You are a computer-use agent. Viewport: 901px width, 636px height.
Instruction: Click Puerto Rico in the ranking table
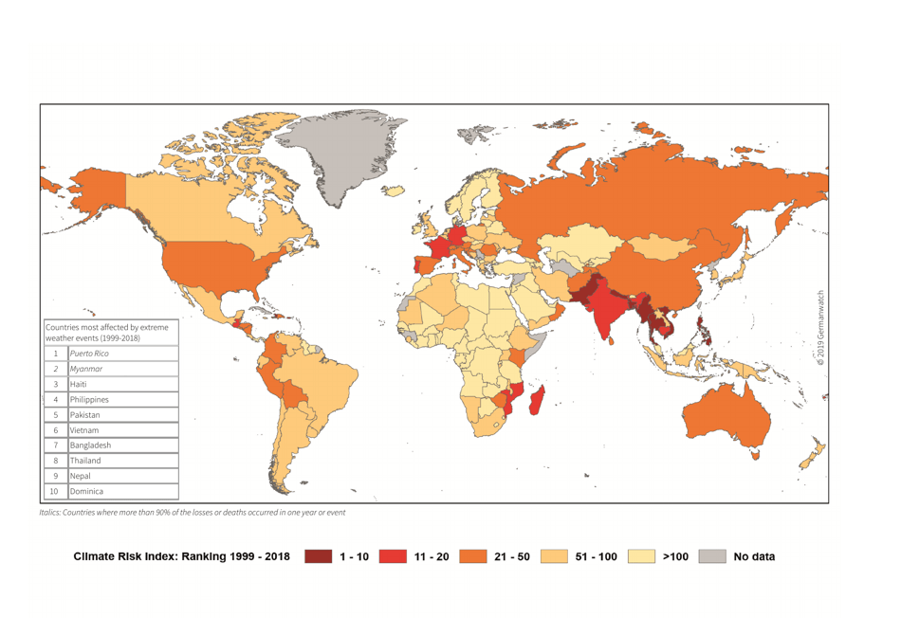pos(89,354)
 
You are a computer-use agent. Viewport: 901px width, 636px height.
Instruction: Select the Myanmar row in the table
pos(86,369)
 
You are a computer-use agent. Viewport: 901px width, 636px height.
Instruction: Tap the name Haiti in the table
pos(78,384)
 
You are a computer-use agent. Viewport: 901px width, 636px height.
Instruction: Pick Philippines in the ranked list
pos(89,399)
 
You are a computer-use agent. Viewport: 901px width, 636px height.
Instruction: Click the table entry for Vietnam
pos(83,430)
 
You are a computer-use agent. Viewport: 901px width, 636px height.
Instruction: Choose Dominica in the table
pos(86,491)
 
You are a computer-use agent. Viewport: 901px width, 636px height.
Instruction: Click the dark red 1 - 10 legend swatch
pos(318,556)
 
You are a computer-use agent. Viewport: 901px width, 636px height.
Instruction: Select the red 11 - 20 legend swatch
pos(393,556)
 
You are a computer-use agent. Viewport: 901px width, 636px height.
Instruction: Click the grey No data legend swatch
pos(712,556)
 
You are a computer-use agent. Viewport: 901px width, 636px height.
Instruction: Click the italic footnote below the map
pos(193,513)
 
